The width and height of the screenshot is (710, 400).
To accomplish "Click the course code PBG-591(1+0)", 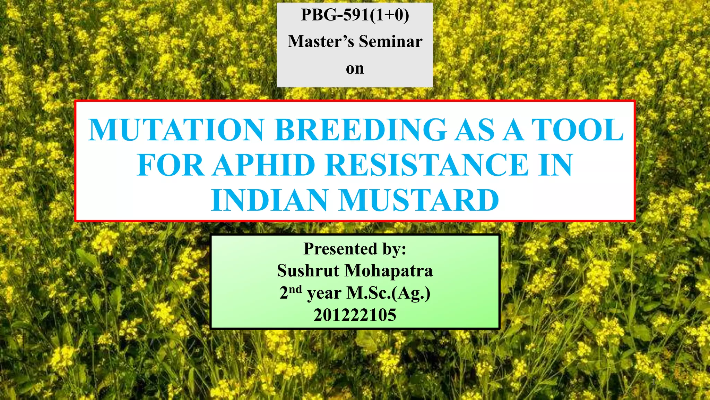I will [x=355, y=15].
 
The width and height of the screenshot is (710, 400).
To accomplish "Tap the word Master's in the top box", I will [x=321, y=41].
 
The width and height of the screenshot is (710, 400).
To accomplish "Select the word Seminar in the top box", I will [x=390, y=41].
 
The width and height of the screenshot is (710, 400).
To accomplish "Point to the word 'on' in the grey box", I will [x=355, y=68].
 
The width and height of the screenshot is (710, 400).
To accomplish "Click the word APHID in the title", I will [x=264, y=165].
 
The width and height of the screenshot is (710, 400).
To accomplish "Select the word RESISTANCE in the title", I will [x=427, y=165].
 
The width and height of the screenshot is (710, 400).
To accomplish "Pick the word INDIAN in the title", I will [x=269, y=200].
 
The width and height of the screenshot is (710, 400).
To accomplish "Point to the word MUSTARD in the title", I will [x=418, y=200].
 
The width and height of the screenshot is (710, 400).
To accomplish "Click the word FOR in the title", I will [x=170, y=165].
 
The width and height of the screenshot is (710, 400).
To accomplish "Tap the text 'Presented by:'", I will [x=355, y=249].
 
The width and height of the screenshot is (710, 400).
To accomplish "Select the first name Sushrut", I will [x=308, y=270].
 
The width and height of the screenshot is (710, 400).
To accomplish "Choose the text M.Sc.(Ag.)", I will [x=388, y=293].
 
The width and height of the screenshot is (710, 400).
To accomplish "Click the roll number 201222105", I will [x=355, y=315].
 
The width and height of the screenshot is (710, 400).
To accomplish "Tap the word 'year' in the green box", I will [x=324, y=294].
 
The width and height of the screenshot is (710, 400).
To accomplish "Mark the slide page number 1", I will [x=653, y=382].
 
